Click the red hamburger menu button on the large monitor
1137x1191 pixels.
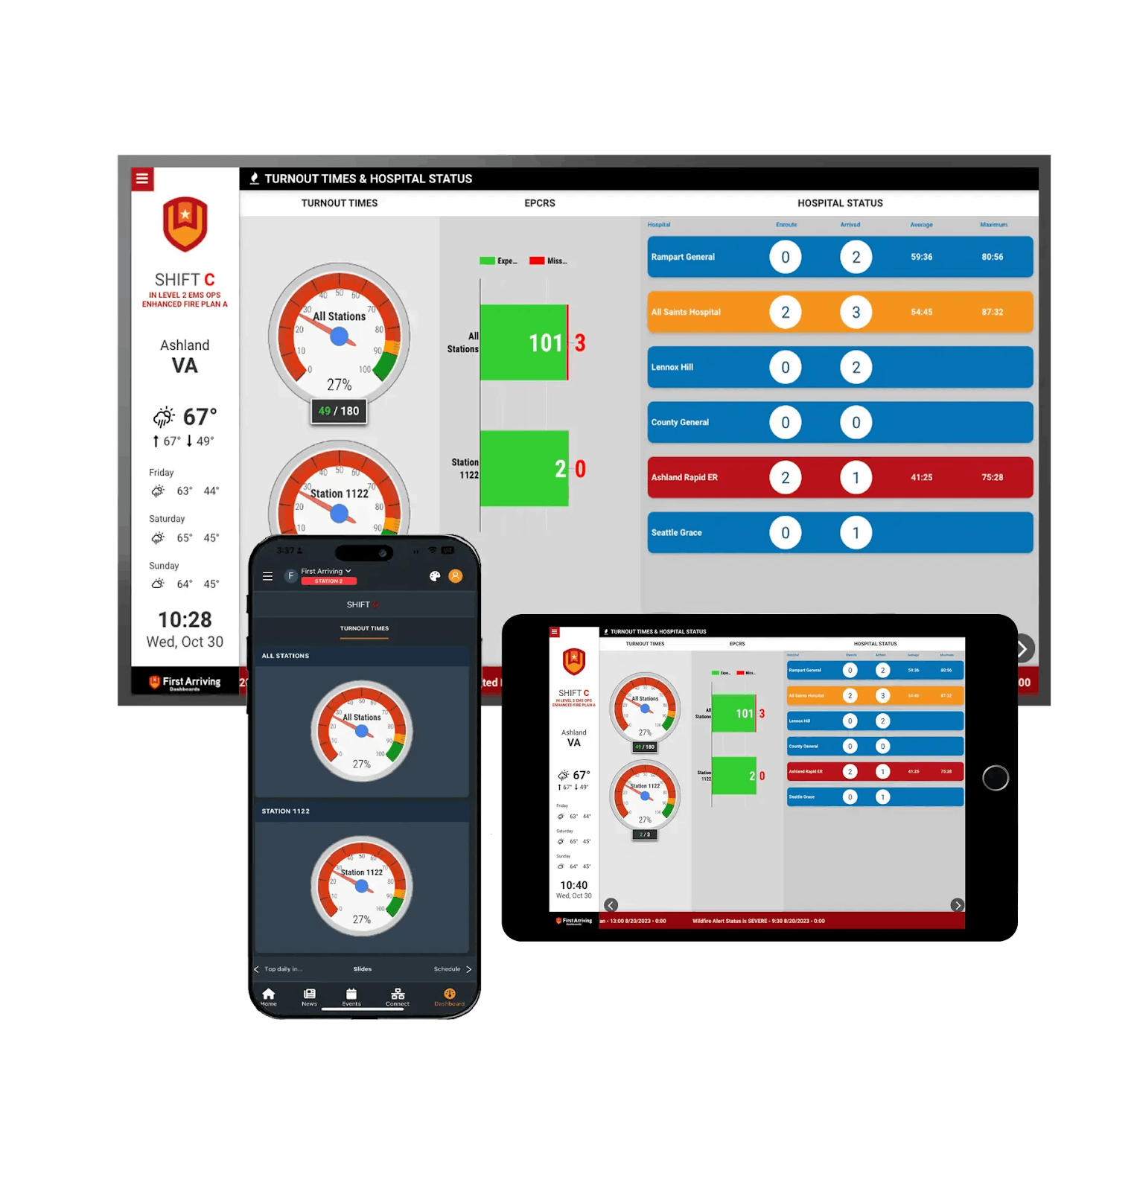pyautogui.click(x=142, y=179)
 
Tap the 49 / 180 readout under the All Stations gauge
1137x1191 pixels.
pyautogui.click(x=339, y=411)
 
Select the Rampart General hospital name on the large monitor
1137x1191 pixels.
pyautogui.click(x=683, y=257)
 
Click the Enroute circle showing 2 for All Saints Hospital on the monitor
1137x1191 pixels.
pyautogui.click(x=785, y=312)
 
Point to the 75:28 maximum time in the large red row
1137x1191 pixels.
pyautogui.click(x=992, y=477)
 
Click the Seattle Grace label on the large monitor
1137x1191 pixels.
pyautogui.click(x=676, y=532)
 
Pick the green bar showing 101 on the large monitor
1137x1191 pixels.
pyautogui.click(x=523, y=342)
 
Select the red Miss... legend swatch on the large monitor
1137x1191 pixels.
pyautogui.click(x=536, y=261)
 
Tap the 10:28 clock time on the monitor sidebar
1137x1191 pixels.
pyautogui.click(x=185, y=619)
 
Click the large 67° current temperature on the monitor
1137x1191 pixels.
pyautogui.click(x=200, y=416)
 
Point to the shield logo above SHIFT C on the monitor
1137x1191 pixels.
pyautogui.click(x=185, y=224)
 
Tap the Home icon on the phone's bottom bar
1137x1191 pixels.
pyautogui.click(x=269, y=994)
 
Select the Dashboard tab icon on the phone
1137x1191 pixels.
pyautogui.click(x=450, y=994)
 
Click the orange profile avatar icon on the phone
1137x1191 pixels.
pyautogui.click(x=456, y=575)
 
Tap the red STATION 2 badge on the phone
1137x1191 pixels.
pyautogui.click(x=328, y=581)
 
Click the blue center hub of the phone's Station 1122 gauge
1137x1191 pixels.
pyautogui.click(x=362, y=886)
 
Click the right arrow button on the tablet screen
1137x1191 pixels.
pyautogui.click(x=957, y=905)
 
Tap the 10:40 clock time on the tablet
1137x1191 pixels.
pyautogui.click(x=573, y=885)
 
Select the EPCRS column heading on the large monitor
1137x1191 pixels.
pyautogui.click(x=539, y=203)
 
